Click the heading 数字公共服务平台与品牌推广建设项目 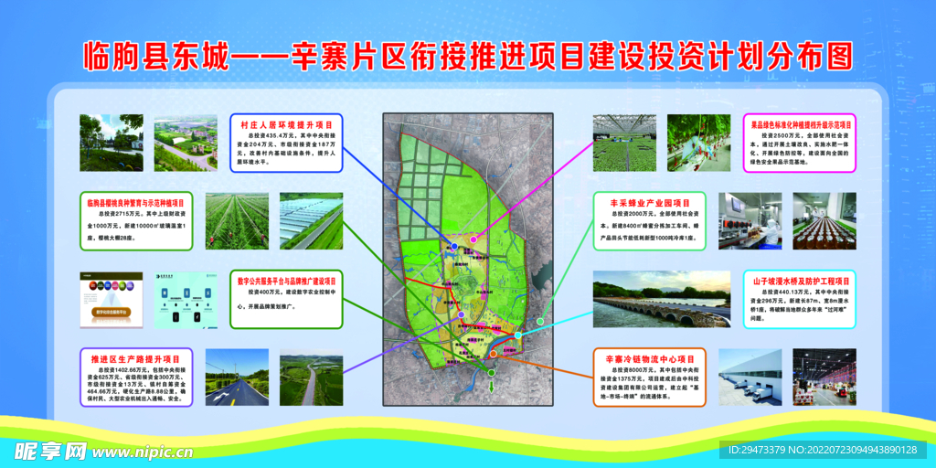[x=286, y=281]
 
